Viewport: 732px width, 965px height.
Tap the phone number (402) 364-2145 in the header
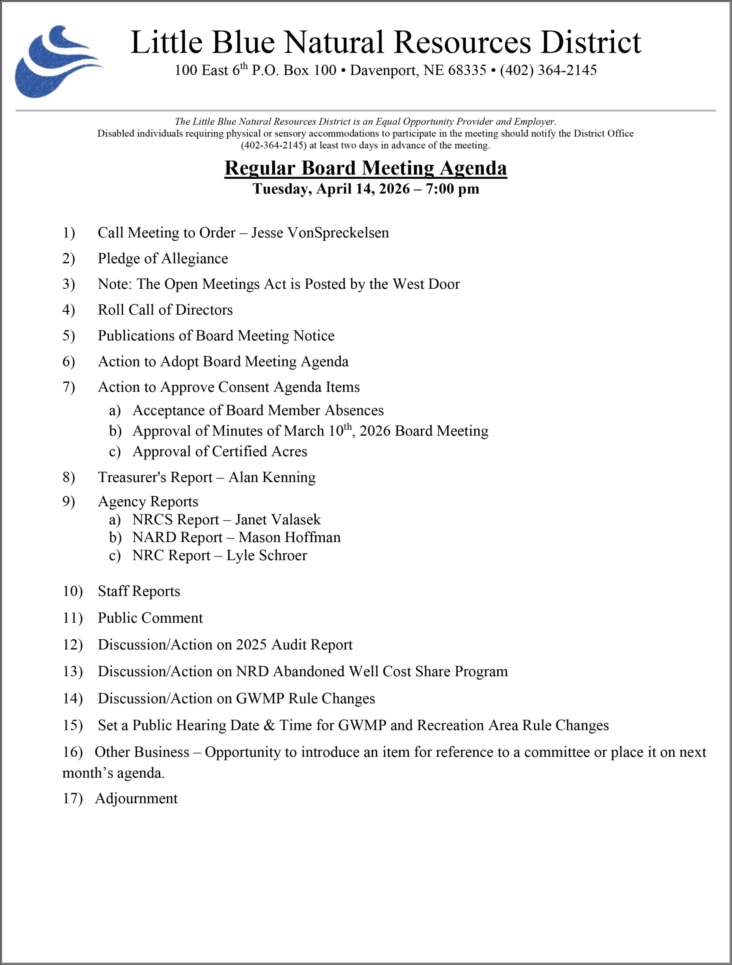548,70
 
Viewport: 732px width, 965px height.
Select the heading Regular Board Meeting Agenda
366,168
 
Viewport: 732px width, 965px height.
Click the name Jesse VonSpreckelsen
320,233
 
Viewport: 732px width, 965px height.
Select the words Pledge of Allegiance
163,258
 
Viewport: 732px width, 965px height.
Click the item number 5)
69,335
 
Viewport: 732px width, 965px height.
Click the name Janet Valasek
278,519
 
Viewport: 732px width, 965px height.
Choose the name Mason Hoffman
289,538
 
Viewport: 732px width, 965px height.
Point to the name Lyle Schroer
266,555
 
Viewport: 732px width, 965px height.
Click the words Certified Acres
259,452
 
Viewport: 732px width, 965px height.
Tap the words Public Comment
150,618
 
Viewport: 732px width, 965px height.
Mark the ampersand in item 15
269,726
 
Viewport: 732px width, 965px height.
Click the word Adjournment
136,798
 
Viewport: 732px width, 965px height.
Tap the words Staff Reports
139,591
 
